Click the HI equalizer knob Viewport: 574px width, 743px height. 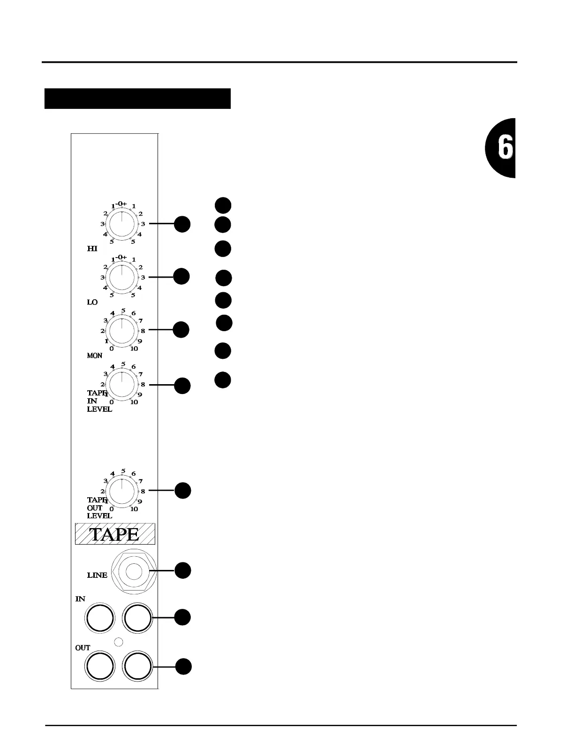point(121,224)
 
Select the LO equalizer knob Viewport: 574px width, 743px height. point(121,277)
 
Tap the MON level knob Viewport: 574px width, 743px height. point(121,330)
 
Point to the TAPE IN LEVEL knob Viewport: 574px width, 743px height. point(121,385)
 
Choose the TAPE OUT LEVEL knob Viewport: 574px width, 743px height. point(121,491)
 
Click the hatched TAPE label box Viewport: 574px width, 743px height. point(115,534)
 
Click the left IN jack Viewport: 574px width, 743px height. point(99,618)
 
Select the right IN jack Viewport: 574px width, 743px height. point(137,618)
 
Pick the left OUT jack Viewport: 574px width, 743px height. point(100,666)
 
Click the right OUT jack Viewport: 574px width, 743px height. point(137,666)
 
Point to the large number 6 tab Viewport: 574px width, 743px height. point(501,148)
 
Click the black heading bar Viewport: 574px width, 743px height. point(137,99)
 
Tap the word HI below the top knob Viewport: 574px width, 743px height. point(92,249)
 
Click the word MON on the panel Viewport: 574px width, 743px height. point(94,356)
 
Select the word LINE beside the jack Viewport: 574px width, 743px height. point(97,575)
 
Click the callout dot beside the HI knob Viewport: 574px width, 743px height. point(182,224)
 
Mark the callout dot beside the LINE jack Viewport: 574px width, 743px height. point(183,570)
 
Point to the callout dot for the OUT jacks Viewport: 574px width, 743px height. point(183,667)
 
